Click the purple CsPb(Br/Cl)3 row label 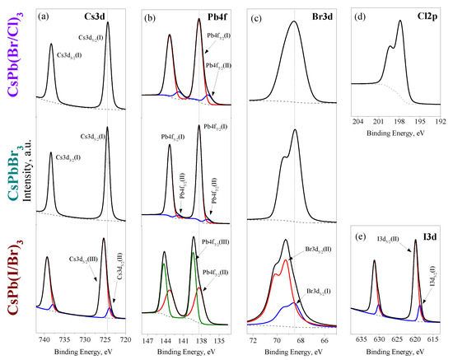point(14,57)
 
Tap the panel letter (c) point(256,15)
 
